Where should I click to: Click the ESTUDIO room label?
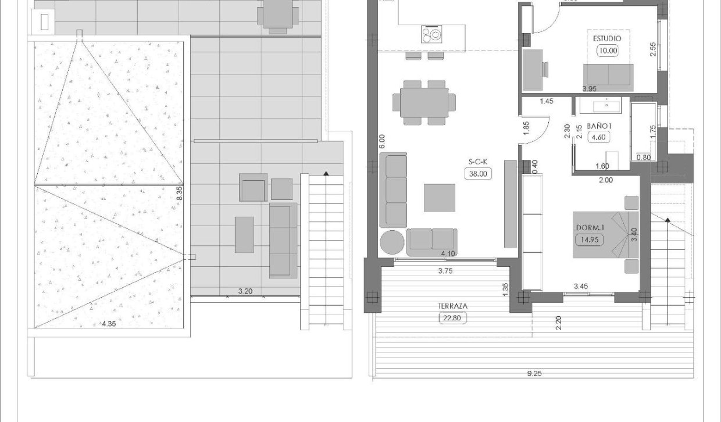[x=607, y=38]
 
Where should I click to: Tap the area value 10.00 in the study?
[x=608, y=51]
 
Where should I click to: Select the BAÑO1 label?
[x=598, y=126]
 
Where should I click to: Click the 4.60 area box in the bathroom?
[x=598, y=138]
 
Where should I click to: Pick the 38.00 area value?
[x=476, y=173]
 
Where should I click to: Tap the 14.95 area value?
[x=588, y=239]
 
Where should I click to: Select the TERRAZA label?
[x=454, y=306]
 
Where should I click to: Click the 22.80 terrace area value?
[x=453, y=317]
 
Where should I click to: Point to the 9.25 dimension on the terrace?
[x=534, y=374]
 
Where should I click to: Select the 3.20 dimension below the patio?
[x=245, y=291]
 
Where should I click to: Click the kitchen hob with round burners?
[x=431, y=35]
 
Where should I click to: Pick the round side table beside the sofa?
[x=392, y=242]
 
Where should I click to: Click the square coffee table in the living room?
[x=440, y=198]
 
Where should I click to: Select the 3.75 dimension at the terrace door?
[x=445, y=271]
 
